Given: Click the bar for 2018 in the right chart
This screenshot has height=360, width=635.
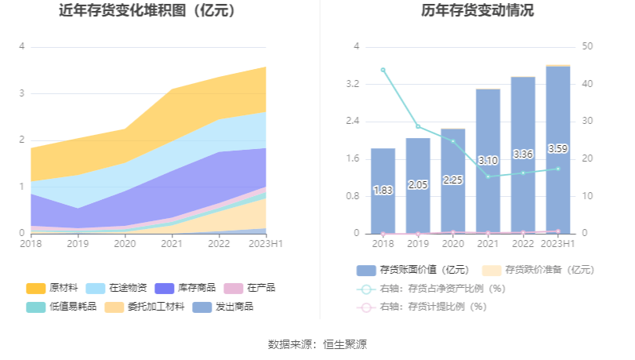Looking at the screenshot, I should click(383, 191).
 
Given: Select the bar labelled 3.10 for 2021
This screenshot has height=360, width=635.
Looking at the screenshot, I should click(488, 161).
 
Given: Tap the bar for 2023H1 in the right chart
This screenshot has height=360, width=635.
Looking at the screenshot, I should click(558, 149).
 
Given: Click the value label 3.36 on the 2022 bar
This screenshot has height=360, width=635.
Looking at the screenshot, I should click(523, 154).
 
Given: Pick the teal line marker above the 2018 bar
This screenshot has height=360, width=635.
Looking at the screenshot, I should click(383, 70).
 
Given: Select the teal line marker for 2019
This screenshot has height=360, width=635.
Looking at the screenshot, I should click(418, 126).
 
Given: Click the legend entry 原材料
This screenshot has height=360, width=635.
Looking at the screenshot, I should click(55, 288).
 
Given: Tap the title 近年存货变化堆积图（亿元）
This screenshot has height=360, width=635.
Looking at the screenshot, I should click(147, 11).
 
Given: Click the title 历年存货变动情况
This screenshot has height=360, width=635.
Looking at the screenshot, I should click(477, 11).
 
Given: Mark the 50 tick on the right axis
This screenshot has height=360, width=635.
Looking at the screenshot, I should click(587, 47).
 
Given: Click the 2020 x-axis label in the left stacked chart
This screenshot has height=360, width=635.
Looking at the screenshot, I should click(125, 244).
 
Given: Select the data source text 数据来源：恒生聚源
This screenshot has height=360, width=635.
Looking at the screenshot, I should click(317, 344).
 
